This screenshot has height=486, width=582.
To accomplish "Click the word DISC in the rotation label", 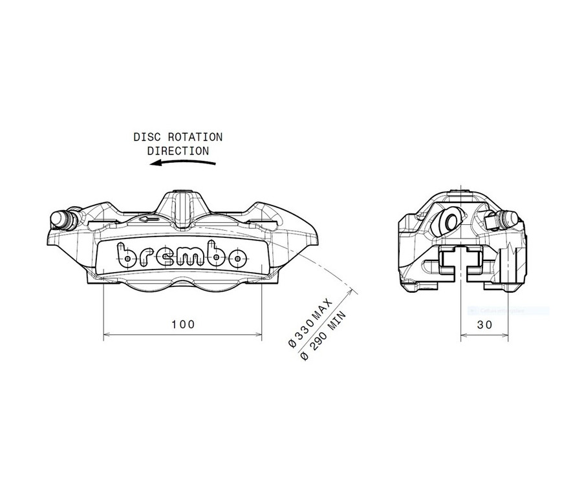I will pos(145,137).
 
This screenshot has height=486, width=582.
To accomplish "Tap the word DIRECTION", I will pos(178,151).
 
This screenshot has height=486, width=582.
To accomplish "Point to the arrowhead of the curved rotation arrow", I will pos(152,164).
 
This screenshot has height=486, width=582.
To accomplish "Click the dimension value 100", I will pos(184,324).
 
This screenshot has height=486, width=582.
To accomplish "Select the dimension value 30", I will pos(484,324).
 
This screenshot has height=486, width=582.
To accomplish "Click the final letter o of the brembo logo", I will pos(237,257).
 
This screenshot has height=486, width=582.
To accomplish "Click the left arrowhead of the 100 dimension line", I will pos(107,335).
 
